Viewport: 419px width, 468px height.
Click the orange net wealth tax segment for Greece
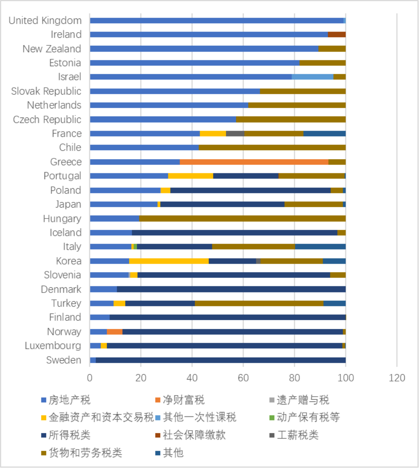coord(254,162)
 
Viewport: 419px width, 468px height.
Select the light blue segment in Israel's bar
coord(312,77)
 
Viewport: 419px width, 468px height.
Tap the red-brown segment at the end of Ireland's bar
coord(337,34)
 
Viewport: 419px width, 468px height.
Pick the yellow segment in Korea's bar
coord(169,261)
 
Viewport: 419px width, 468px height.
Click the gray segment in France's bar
coord(235,133)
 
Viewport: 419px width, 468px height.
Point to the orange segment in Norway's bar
coord(115,332)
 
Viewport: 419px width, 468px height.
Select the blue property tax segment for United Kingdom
coord(217,20)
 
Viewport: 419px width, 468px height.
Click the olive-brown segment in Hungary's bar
coord(242,219)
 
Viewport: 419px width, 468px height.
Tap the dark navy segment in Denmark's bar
coord(231,289)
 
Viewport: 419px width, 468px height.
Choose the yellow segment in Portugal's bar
coord(191,176)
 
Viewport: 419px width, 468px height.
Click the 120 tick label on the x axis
coord(397,378)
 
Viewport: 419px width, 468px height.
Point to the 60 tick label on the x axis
coord(243,378)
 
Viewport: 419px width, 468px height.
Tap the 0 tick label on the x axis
coord(90,378)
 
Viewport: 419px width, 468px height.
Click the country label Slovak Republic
coord(46,91)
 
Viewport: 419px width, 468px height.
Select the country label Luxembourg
coord(53,346)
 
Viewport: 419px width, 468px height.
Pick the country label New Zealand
coord(52,49)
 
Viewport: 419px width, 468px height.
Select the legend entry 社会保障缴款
coord(194,435)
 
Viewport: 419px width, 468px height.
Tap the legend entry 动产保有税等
coord(308,417)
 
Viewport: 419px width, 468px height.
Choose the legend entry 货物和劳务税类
coord(85,453)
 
